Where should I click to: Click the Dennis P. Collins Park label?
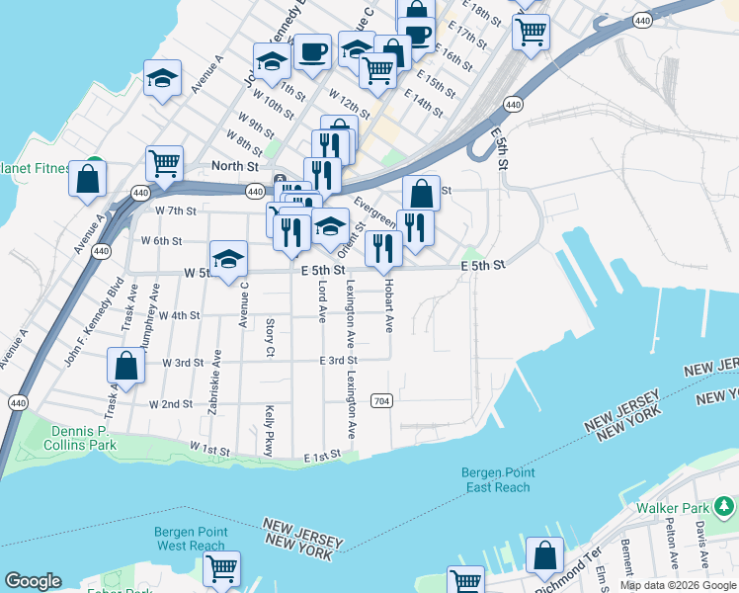coord(79,438)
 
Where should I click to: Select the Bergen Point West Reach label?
coord(190,539)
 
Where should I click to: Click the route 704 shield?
coord(381,401)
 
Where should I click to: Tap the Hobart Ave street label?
coord(388,310)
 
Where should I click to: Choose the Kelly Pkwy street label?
coord(268,431)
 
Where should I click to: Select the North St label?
coord(234,166)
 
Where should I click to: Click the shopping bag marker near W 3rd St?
coord(127,366)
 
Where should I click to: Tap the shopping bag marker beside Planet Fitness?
coord(88,179)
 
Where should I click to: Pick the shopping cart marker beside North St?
coord(164,162)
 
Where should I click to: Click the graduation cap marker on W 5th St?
coord(229,260)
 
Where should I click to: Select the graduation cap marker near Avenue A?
coord(163,78)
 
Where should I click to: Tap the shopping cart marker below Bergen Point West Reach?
coord(221,568)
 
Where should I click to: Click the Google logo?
coord(33,581)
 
